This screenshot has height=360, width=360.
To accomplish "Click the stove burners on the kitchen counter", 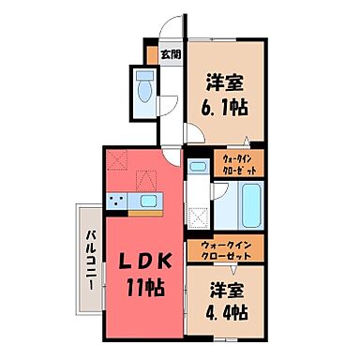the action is (117, 202).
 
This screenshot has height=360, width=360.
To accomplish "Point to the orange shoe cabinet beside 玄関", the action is (149, 54).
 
